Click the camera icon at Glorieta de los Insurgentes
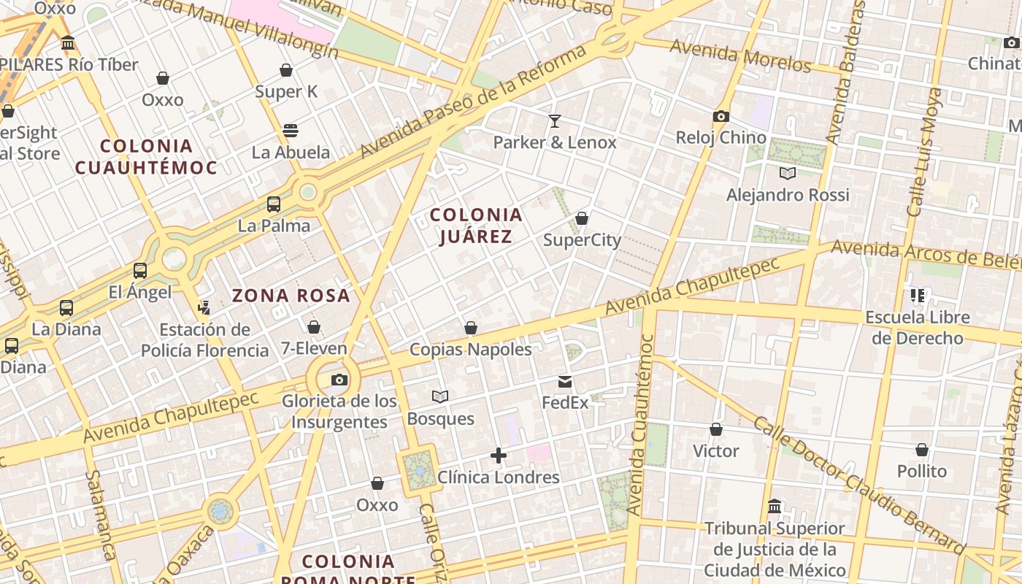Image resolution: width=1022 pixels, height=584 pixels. point(339,380)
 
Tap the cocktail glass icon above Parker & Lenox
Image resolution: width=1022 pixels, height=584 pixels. point(555,120)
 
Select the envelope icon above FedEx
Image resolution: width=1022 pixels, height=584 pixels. point(565,381)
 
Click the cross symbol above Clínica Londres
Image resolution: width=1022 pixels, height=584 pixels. point(499,456)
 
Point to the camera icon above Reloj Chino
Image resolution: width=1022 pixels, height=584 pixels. point(721,116)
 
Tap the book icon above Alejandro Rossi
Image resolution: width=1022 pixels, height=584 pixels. point(787,173)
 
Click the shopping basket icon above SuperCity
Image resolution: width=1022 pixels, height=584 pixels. point(582,218)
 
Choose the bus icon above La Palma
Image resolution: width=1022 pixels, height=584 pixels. point(274,204)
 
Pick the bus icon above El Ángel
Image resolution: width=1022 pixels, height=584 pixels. point(140,271)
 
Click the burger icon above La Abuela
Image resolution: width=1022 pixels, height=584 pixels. point(291,131)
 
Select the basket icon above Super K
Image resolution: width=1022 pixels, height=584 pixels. point(286,70)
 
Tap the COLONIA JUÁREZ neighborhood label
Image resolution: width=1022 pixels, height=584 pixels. point(476,226)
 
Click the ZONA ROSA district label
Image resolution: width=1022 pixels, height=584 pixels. point(291,296)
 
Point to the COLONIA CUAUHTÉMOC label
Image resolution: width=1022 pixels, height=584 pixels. point(147,157)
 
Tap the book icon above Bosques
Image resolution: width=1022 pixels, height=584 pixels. point(439,396)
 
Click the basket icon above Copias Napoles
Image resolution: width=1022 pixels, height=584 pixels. point(471,328)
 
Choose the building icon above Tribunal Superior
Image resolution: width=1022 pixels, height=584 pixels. point(775,506)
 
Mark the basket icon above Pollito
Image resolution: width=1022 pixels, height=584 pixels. point(922,450)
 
